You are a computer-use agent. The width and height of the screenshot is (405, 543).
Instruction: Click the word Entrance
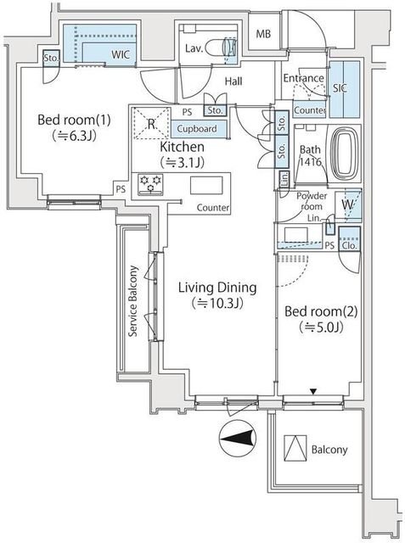[303, 79]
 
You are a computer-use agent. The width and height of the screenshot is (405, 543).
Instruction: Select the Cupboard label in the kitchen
[197, 129]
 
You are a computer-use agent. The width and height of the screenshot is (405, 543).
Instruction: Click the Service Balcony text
[133, 302]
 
